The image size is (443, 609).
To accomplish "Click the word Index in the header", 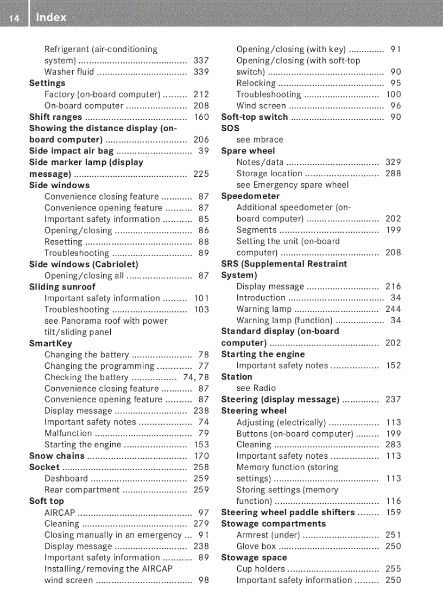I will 51,18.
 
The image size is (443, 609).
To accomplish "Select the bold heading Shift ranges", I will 55,117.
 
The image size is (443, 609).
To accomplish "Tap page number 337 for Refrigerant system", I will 201,61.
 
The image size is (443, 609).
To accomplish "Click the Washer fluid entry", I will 69,72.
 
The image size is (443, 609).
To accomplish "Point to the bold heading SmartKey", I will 50,343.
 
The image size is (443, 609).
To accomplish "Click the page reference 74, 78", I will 195,377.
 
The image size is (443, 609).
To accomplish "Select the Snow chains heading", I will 56,456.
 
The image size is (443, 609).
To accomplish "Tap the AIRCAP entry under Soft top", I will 60,512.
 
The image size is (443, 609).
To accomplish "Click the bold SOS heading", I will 230,129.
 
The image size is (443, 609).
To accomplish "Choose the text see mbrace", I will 260,139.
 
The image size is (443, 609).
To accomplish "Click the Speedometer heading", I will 250,196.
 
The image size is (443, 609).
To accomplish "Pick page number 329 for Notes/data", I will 393,162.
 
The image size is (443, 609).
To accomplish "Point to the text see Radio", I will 256,388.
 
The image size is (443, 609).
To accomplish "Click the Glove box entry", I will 256,547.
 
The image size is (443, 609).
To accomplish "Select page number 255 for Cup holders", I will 393,569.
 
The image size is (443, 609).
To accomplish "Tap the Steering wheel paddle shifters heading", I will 288,512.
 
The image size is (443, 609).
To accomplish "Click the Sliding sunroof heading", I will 62,287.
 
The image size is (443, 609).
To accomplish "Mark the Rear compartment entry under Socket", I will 81,490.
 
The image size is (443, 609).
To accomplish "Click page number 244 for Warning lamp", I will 393,309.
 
